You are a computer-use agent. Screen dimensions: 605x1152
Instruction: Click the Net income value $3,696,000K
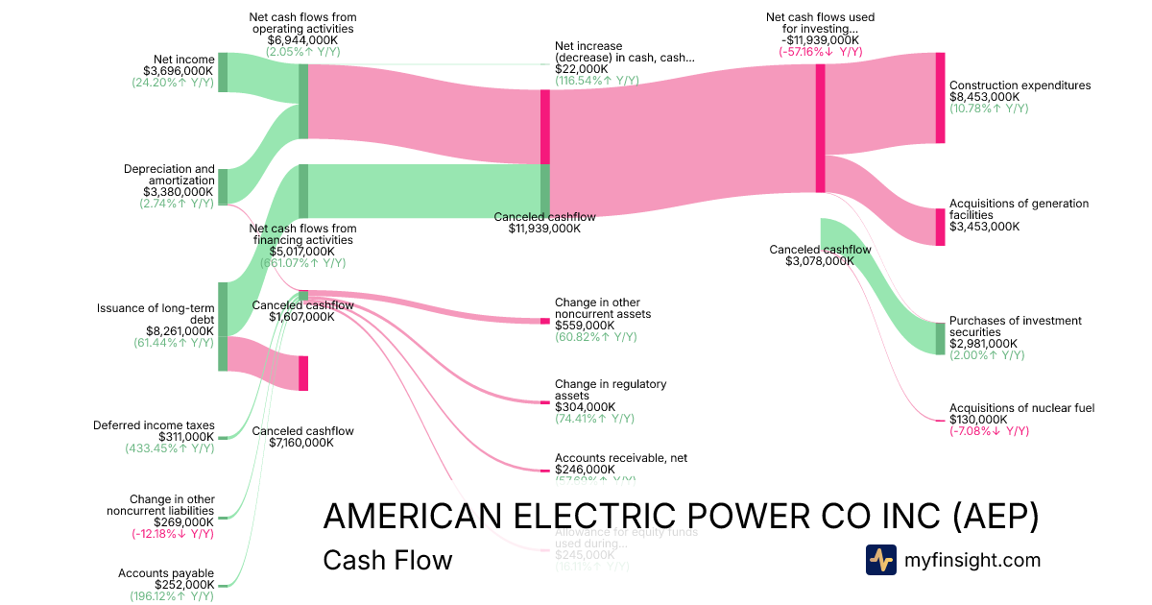click(178, 71)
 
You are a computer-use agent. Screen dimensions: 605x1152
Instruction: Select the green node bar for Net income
click(223, 72)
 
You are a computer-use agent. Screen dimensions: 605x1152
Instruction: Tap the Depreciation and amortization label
click(169, 175)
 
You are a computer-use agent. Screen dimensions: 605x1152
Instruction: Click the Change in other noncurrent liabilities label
click(172, 505)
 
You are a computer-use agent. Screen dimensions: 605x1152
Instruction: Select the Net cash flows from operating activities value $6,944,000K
click(302, 40)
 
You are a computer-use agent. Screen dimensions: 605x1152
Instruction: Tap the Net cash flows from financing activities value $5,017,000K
click(302, 252)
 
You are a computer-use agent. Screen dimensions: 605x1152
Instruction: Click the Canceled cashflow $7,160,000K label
click(302, 437)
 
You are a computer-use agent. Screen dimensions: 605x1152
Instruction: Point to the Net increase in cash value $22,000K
click(581, 69)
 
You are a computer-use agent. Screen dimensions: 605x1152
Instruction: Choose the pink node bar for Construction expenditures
click(940, 98)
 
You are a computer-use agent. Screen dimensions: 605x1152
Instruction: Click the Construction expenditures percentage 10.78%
click(989, 109)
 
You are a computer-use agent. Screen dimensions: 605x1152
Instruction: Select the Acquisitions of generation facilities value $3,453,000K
click(984, 227)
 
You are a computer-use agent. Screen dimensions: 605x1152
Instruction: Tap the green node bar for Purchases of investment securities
click(940, 338)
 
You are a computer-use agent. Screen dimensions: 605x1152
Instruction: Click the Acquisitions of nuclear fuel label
click(1021, 408)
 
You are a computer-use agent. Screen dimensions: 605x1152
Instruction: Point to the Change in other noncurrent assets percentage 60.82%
click(595, 337)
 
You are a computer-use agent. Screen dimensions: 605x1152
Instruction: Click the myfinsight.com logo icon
click(880, 560)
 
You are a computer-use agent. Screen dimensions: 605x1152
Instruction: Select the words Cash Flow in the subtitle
click(387, 560)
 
